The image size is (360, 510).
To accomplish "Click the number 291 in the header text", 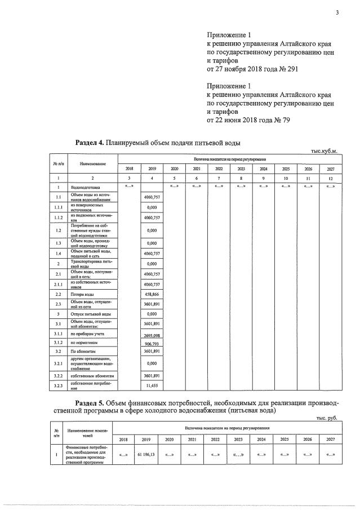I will click(x=290, y=69).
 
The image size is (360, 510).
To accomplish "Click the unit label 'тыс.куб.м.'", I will click(x=324, y=151).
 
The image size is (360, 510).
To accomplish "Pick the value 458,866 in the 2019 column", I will click(x=152, y=294).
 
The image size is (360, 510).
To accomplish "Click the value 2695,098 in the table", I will click(x=152, y=335).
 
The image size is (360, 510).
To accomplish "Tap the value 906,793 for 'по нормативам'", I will click(x=152, y=343).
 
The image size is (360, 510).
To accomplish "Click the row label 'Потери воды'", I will click(x=82, y=294).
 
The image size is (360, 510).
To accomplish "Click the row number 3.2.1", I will click(x=58, y=363).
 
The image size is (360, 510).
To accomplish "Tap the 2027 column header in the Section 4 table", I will click(x=330, y=168).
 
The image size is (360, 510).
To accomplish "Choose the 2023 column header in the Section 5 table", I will click(x=238, y=439).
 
